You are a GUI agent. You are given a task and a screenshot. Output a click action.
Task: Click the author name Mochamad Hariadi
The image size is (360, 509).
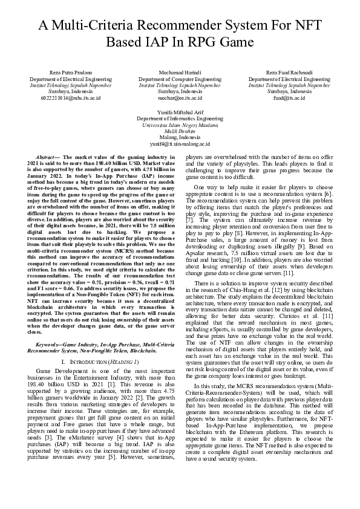click(x=180, y=73)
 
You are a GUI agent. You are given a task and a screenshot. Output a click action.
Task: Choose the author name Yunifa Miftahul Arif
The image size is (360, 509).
click(x=180, y=113)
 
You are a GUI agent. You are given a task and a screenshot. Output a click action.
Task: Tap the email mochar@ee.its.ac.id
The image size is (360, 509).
click(x=180, y=97)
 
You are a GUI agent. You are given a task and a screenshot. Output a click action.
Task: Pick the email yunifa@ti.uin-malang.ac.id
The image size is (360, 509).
click(x=180, y=144)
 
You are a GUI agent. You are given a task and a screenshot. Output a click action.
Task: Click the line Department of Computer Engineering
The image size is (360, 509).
click(x=180, y=79)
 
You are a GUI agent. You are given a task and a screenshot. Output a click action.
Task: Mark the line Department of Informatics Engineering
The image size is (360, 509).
click(x=180, y=119)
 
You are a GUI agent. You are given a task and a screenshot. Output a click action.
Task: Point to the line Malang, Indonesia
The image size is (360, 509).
click(x=180, y=138)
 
